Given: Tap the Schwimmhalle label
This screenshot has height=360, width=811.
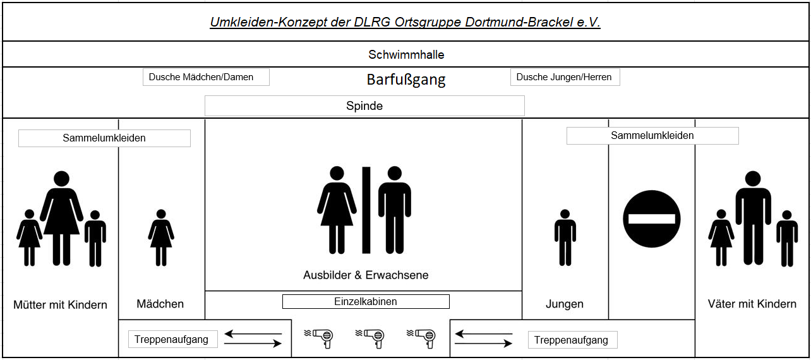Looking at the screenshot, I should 406,55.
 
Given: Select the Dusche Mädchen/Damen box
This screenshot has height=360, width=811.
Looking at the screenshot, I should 206,77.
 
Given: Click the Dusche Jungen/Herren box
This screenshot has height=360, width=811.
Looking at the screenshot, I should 565,77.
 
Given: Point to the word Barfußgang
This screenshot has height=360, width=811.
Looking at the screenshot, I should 406,80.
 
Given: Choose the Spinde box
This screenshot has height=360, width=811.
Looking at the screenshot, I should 364,106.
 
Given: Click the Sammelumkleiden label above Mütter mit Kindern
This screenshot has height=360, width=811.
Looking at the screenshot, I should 104,138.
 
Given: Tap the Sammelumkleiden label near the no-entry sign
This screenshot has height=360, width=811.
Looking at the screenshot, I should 652,136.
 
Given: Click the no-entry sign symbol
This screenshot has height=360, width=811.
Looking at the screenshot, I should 652,219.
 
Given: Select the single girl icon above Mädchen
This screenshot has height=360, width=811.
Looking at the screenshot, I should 161,237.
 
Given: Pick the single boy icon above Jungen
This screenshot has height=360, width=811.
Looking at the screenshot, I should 565,237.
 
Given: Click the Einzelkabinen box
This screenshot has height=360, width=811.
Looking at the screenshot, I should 366,302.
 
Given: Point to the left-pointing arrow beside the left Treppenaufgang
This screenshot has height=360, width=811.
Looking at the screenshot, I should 253,333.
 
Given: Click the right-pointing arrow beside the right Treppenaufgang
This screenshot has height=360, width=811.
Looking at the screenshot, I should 484,344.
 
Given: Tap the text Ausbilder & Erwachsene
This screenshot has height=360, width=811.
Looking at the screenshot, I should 366,275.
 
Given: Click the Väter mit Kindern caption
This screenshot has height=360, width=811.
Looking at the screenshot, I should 752,304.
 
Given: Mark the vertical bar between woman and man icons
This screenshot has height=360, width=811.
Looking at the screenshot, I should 366,210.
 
